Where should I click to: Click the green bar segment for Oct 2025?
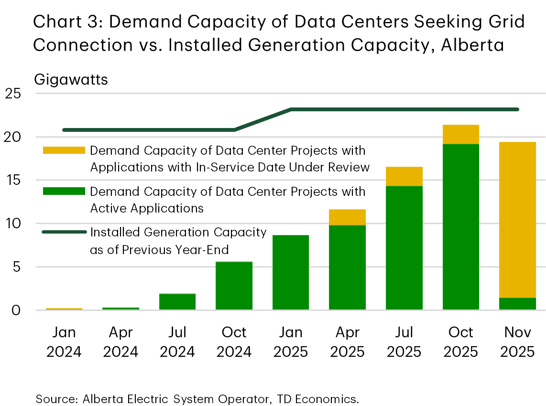pyautogui.click(x=461, y=227)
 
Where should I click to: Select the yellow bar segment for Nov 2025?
pyautogui.click(x=517, y=220)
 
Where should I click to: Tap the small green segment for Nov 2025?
pyautogui.click(x=517, y=304)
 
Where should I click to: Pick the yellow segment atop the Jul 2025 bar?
pyautogui.click(x=404, y=176)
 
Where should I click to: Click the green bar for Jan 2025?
pyautogui.click(x=291, y=272)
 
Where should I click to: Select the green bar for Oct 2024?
pyautogui.click(x=234, y=286)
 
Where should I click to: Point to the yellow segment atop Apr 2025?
pyautogui.click(x=348, y=217)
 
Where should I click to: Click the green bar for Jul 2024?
pyautogui.click(x=177, y=302)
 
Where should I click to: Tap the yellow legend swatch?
pyautogui.click(x=64, y=150)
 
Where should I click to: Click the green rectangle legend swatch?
pyautogui.click(x=64, y=192)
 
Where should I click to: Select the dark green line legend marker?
pyautogui.click(x=64, y=232)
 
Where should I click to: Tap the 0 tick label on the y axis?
pyautogui.click(x=16, y=310)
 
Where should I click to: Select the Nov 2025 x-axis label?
pyautogui.click(x=517, y=342)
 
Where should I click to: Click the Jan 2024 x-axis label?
pyautogui.click(x=64, y=342)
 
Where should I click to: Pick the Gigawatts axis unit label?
pyautogui.click(x=71, y=79)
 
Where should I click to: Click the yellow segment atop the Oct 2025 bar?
pyautogui.click(x=461, y=134)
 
